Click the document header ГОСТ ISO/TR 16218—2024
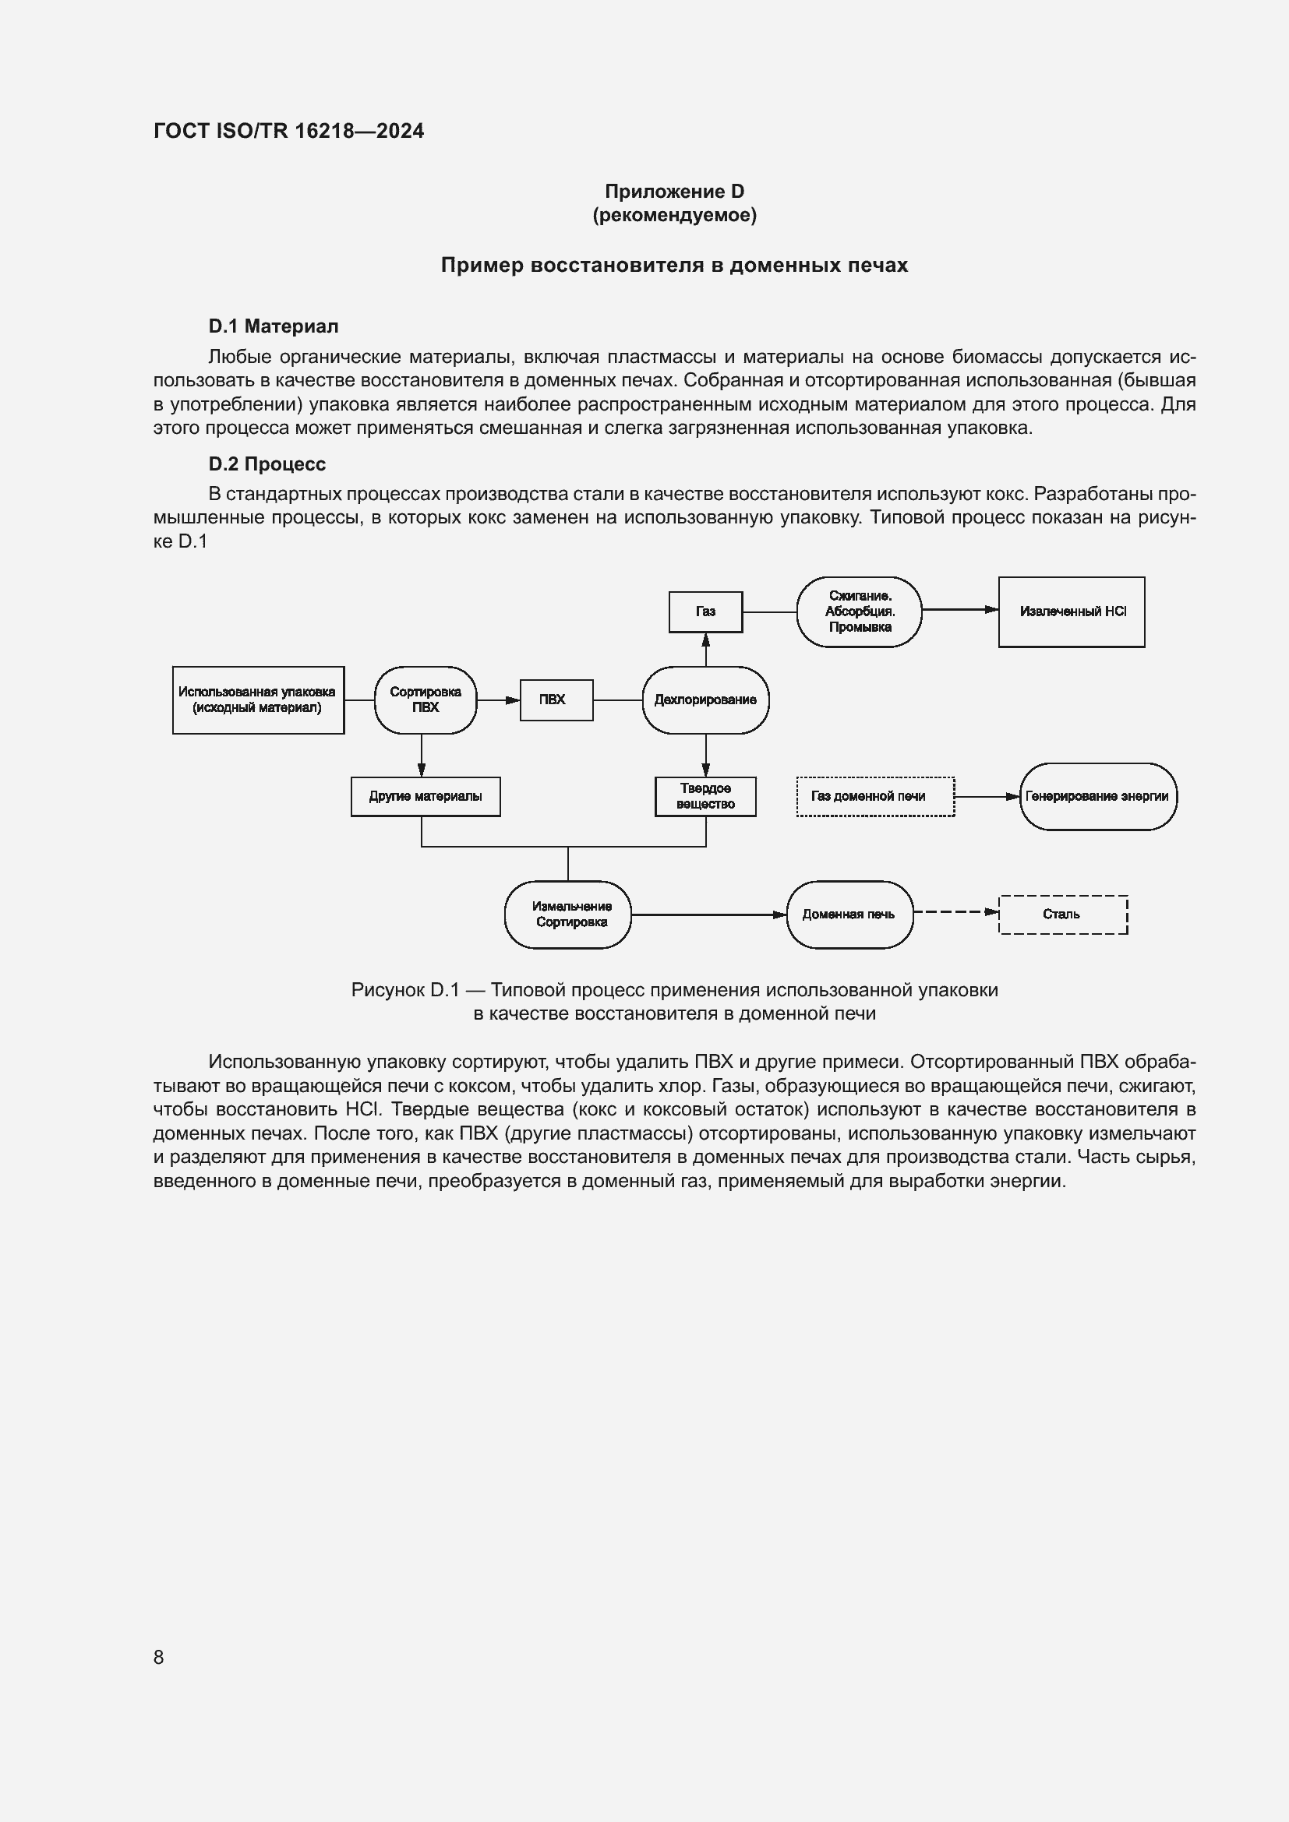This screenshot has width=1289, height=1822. click(288, 131)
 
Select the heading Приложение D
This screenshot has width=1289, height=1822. click(674, 192)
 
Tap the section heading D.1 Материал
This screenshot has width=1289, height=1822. click(273, 326)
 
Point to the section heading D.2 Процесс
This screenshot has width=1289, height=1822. click(267, 464)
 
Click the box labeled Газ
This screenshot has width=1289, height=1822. click(705, 611)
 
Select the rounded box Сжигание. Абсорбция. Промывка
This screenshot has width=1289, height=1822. click(859, 611)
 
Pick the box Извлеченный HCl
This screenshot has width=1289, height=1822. click(1071, 611)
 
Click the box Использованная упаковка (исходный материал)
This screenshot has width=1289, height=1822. click(258, 700)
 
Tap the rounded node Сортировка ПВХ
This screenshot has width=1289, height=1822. click(425, 700)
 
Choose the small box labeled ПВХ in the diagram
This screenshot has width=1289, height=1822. click(556, 700)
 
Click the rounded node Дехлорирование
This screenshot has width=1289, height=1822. click(705, 700)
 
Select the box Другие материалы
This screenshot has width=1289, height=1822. click(425, 796)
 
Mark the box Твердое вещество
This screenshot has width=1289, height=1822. click(705, 796)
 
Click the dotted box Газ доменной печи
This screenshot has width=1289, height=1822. click(874, 796)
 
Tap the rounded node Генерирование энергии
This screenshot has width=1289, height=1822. click(1097, 796)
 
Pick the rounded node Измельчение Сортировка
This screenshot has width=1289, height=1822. click(567, 915)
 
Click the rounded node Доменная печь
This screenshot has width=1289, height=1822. click(849, 915)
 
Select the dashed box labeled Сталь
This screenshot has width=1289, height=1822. click(1062, 915)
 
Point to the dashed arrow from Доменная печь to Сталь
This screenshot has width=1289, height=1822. click(955, 912)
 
